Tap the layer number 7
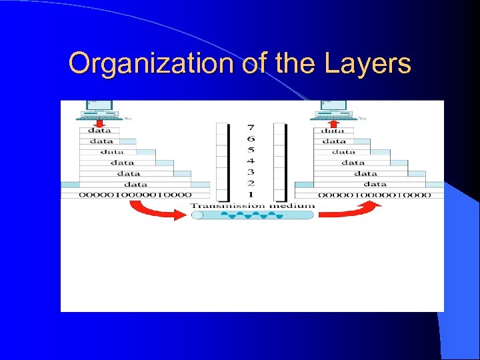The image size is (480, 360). click(251, 127)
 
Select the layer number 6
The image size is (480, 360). click(251, 139)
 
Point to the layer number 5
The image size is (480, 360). click(251, 150)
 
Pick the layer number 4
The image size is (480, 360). click(251, 161)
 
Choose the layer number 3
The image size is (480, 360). click(251, 172)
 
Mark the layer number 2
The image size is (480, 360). click(251, 183)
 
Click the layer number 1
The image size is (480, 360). click(251, 194)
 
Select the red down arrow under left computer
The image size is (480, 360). click(99, 123)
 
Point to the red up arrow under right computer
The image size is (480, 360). click(334, 123)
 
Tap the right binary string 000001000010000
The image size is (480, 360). click(373, 195)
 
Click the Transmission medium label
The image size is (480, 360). click(252, 205)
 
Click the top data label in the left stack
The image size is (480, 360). click(99, 131)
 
